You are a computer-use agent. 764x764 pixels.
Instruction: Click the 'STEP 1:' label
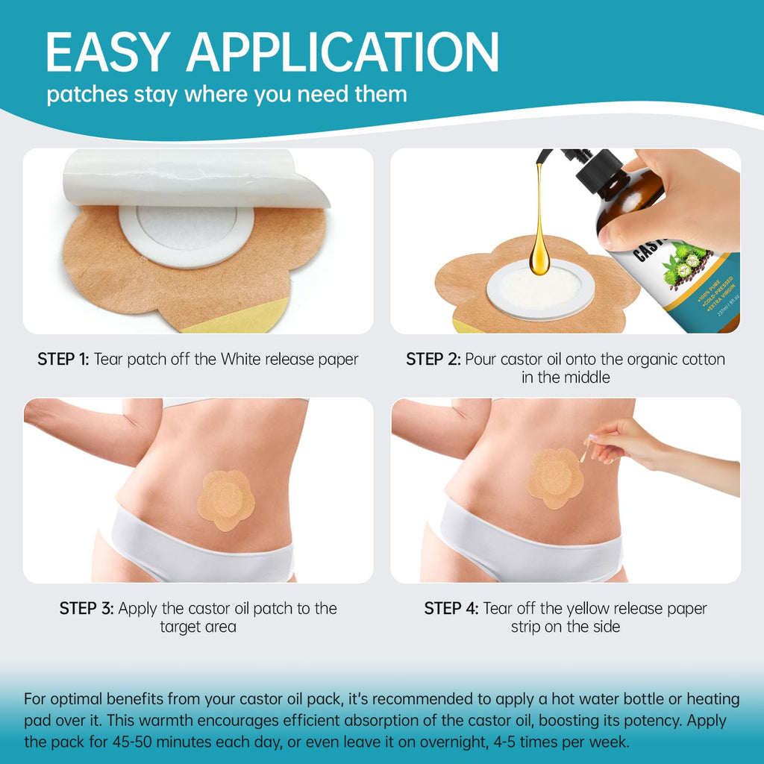[x=63, y=359]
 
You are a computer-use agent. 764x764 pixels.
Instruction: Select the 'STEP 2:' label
[x=433, y=359]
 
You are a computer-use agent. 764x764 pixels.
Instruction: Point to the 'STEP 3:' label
[x=87, y=608]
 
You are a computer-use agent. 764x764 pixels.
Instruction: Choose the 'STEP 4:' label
[x=451, y=608]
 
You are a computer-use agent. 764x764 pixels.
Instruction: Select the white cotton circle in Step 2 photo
[x=540, y=291]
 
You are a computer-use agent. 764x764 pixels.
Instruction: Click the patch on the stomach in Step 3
[x=226, y=500]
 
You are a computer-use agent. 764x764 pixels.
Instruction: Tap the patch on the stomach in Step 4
[x=555, y=478]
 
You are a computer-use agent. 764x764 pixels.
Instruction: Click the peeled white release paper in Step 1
[x=195, y=178]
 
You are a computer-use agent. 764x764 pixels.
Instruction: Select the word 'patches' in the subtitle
[x=87, y=95]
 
